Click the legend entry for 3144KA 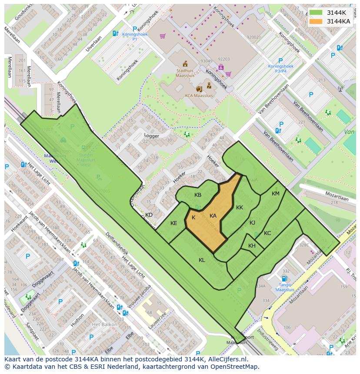[x=338, y=21]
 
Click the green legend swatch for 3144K [x=316, y=13]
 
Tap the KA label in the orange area [x=213, y=216]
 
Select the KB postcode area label [x=198, y=195]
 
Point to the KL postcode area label [x=202, y=260]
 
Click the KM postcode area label [x=276, y=194]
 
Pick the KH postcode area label [x=252, y=246]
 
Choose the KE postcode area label [x=173, y=223]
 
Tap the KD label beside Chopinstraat [x=149, y=215]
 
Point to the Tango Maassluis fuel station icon [x=284, y=278]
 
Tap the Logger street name [x=152, y=136]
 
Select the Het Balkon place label [x=103, y=324]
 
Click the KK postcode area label [x=240, y=208]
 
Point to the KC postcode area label [x=267, y=233]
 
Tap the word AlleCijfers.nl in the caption [x=226, y=360]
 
